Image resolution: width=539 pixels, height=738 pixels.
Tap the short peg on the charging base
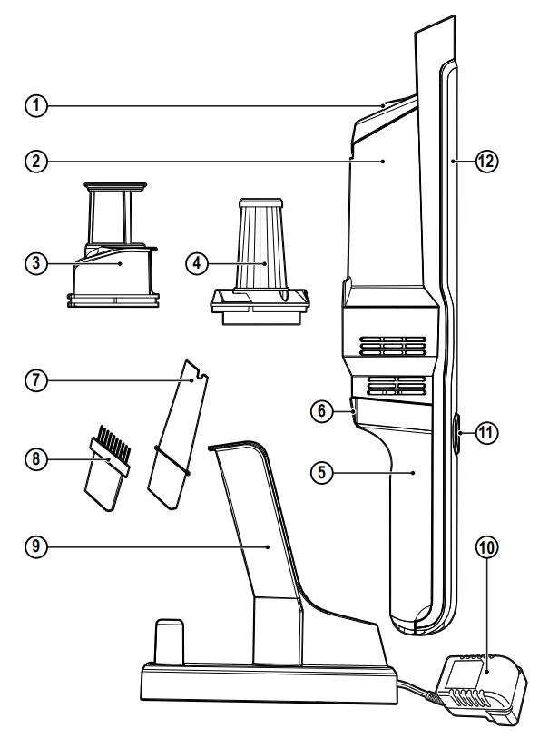167,643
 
